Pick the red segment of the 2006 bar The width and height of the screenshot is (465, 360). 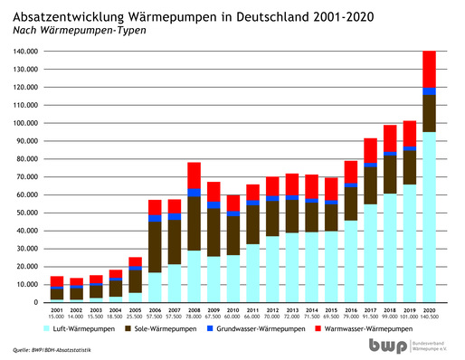click(155, 207)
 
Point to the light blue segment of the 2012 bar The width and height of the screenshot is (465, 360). click(272, 269)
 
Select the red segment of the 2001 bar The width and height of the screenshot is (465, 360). click(57, 281)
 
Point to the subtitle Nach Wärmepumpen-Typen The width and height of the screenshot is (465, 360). click(78, 30)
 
